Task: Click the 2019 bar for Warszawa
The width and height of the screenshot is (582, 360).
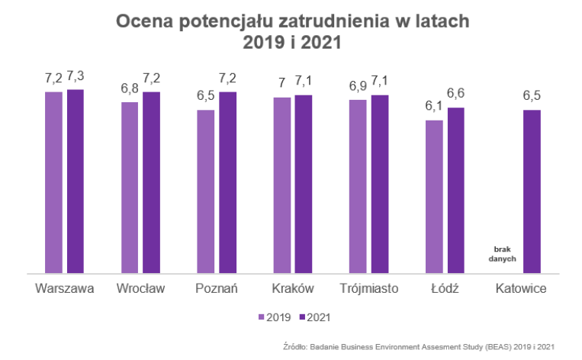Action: (x=53, y=182)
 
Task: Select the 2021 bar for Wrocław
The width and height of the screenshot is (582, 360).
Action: (x=152, y=182)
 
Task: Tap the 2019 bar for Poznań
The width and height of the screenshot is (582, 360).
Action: (x=206, y=191)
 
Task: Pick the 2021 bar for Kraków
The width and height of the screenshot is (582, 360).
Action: (x=304, y=183)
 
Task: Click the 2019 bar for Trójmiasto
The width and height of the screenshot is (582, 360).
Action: (x=358, y=185)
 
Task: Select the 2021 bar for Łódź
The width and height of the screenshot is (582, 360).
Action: (x=456, y=190)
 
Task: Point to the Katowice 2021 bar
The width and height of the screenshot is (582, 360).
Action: (x=532, y=191)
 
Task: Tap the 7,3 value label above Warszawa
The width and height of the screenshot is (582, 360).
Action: (x=76, y=76)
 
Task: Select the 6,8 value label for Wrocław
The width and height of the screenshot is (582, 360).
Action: (x=130, y=88)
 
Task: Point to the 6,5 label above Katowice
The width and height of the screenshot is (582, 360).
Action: (x=532, y=96)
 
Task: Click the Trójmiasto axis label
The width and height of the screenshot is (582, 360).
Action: (x=369, y=289)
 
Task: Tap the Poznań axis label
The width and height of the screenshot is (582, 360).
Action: (x=217, y=289)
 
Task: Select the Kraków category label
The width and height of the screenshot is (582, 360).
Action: (x=293, y=289)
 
